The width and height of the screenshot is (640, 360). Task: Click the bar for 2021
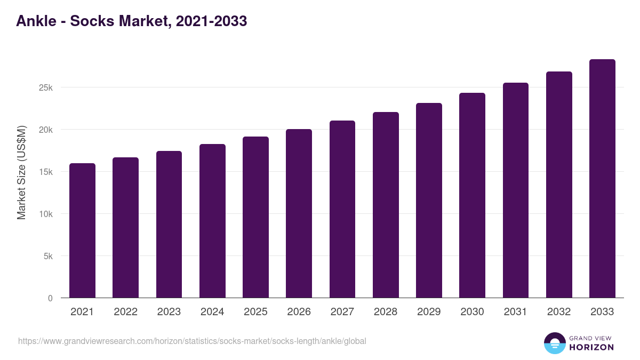[82, 230]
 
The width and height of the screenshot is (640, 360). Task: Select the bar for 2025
[255, 217]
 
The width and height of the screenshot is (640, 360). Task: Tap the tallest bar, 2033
[602, 179]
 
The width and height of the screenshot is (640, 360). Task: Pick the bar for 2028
[386, 205]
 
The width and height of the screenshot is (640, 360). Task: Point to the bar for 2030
[472, 195]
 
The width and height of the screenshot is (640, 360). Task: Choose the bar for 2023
[169, 225]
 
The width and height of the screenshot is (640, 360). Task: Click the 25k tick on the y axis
[45, 87]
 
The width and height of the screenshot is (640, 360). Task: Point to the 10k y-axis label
[45, 214]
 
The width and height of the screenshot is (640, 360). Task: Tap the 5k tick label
[47, 256]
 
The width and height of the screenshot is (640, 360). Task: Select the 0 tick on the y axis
[50, 298]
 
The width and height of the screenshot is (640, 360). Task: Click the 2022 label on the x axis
[125, 312]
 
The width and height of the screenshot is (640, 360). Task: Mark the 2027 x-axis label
[342, 312]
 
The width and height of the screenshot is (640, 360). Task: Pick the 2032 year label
[559, 312]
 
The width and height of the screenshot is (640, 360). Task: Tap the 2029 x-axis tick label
[429, 312]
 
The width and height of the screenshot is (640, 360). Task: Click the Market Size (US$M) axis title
[21, 172]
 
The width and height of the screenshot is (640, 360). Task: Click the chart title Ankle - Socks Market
[131, 21]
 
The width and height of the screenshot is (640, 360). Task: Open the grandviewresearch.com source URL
[192, 341]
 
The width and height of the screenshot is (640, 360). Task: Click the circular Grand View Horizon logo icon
[554, 343]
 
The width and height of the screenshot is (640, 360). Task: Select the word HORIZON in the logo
[592, 347]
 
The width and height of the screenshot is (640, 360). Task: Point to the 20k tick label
[45, 130]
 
